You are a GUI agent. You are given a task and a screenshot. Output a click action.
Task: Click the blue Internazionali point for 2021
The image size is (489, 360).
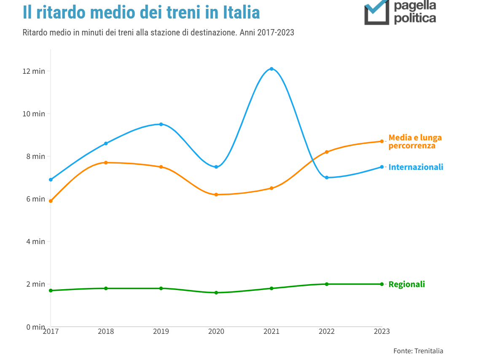[271, 69]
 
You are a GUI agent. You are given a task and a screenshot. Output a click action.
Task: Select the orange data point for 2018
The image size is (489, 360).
[106, 163]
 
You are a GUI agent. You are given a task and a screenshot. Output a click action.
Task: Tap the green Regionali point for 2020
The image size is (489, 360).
[216, 293]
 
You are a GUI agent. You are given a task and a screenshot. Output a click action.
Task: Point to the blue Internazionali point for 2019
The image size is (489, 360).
[161, 124]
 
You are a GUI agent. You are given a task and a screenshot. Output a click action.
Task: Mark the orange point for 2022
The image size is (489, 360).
[327, 152]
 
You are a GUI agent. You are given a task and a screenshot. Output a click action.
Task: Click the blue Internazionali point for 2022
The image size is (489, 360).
[327, 177]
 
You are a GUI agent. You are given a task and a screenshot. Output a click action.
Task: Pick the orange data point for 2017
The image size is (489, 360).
[51, 201]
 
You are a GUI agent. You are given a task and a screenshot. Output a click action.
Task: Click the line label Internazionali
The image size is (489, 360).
[416, 167]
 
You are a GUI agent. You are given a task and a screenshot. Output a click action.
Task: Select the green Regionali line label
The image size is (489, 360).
[406, 285]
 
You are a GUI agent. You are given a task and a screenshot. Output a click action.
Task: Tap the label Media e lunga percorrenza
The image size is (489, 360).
[415, 142]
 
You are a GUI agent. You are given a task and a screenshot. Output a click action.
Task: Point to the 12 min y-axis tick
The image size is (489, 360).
[34, 71]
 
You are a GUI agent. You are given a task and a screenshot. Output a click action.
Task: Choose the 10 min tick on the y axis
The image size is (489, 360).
[34, 114]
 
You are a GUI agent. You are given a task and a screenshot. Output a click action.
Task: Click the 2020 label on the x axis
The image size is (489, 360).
[216, 331]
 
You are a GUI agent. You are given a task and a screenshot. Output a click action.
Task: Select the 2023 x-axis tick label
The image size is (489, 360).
[382, 331]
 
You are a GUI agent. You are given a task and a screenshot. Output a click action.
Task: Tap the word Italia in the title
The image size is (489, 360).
[242, 13]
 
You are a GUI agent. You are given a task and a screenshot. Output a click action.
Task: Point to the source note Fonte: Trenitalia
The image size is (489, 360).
[418, 351]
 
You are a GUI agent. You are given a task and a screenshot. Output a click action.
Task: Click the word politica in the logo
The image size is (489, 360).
[415, 19]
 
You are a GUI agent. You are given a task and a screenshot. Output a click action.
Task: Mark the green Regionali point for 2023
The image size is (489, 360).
[382, 284]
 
